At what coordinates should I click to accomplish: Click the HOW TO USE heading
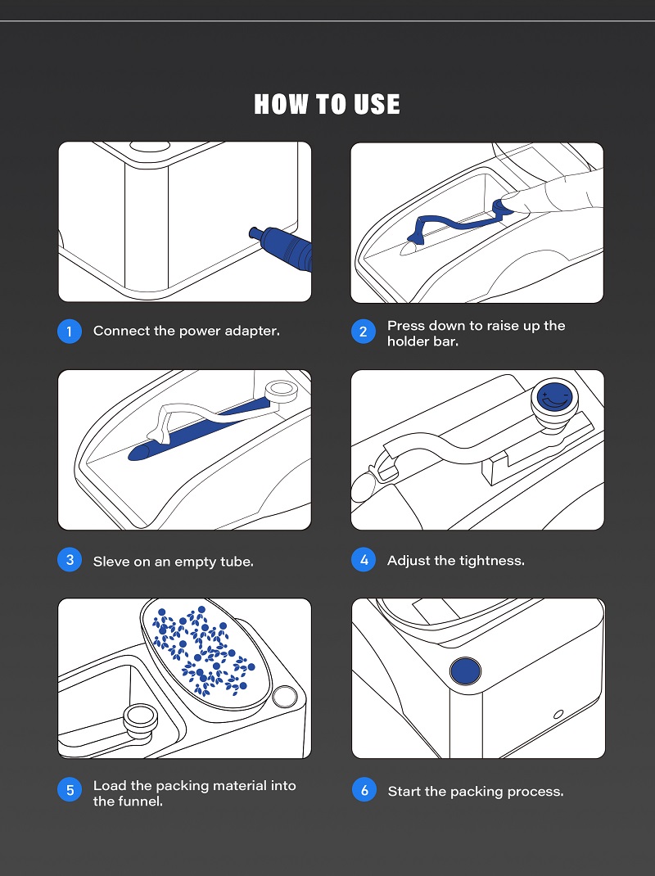coord(327,104)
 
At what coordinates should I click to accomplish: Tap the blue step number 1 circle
coord(70,332)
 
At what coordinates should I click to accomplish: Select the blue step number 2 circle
coord(364,332)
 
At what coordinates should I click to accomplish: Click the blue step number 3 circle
coord(70,560)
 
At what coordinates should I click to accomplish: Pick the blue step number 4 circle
coord(364,560)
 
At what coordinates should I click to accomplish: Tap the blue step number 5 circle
coord(70,790)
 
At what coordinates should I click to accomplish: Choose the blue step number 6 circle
coord(364,790)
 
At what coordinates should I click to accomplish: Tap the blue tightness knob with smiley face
coord(554,398)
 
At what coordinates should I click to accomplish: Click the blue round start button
coord(465,671)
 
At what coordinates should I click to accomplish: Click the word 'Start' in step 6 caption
coord(404,792)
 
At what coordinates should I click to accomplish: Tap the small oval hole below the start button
coord(558,714)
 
